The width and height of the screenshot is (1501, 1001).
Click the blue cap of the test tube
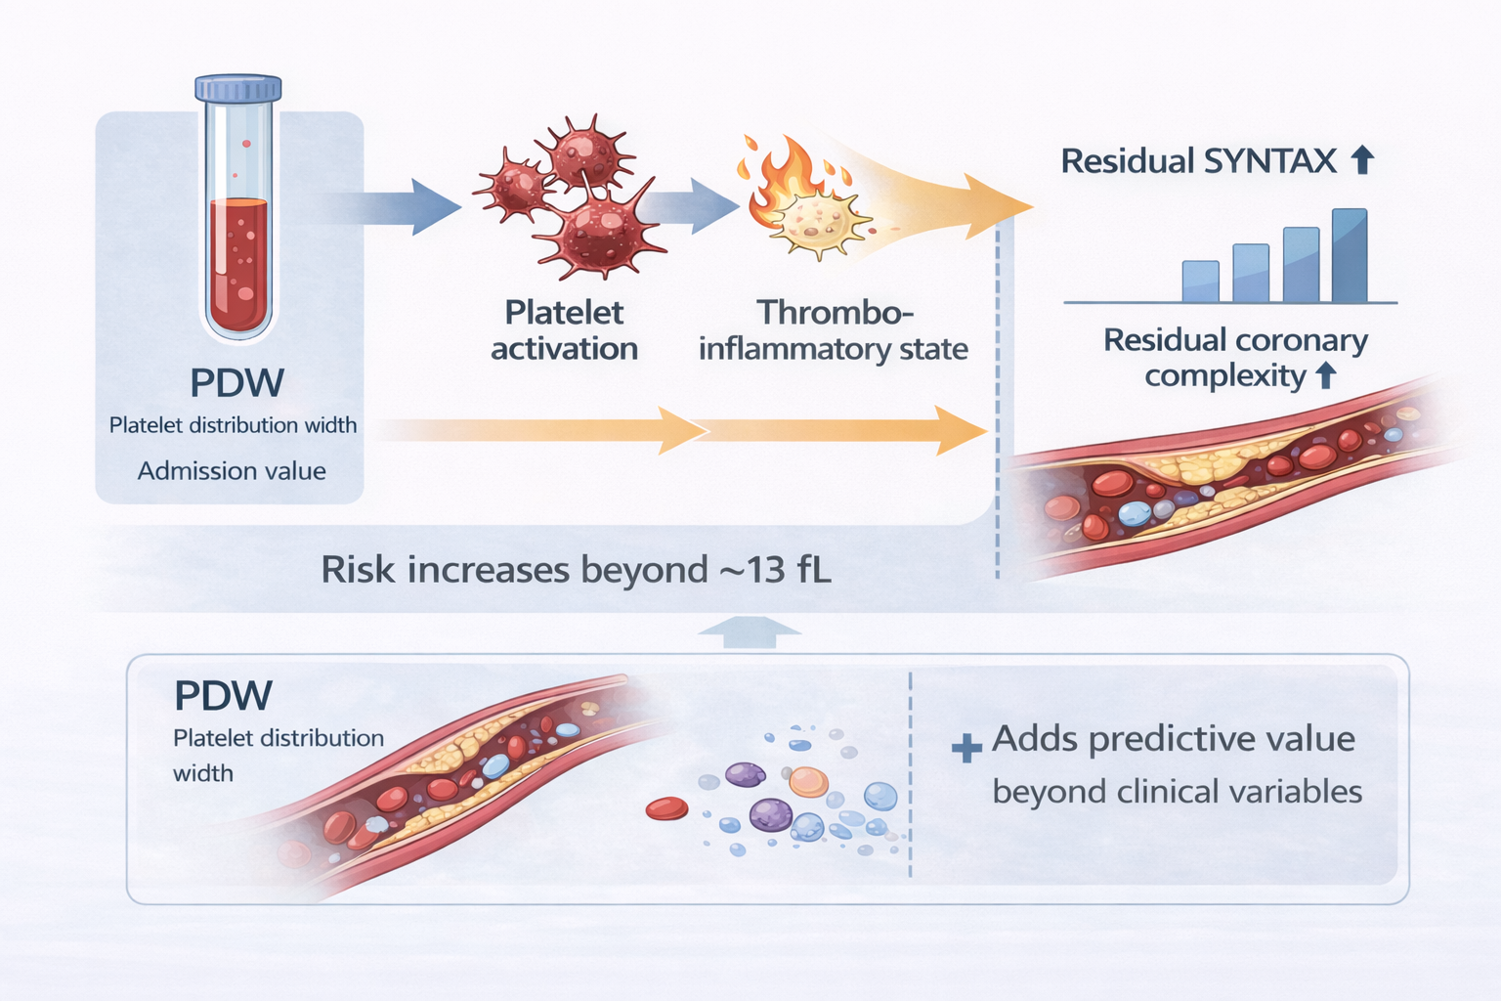tap(237, 88)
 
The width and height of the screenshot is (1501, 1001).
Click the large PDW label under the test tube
tap(237, 383)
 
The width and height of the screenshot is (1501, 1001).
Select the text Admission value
tap(232, 470)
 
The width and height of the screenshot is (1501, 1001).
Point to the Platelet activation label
tap(564, 330)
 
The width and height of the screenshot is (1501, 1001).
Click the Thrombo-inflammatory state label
tap(834, 330)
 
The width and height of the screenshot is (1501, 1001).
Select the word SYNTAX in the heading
tap(1270, 161)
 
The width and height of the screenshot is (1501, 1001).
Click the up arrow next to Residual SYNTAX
tap(1362, 160)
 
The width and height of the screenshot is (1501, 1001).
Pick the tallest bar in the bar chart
tap(1350, 255)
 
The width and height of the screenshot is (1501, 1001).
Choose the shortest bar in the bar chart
tap(1201, 282)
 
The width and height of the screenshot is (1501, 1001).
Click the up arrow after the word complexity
tap(1326, 375)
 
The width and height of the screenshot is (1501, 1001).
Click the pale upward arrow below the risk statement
tap(750, 631)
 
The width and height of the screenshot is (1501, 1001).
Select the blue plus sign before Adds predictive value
tap(966, 748)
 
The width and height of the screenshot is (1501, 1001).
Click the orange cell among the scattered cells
tap(809, 782)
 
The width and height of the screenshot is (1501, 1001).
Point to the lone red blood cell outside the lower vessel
tap(666, 808)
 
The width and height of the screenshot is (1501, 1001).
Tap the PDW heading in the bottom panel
tap(223, 695)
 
